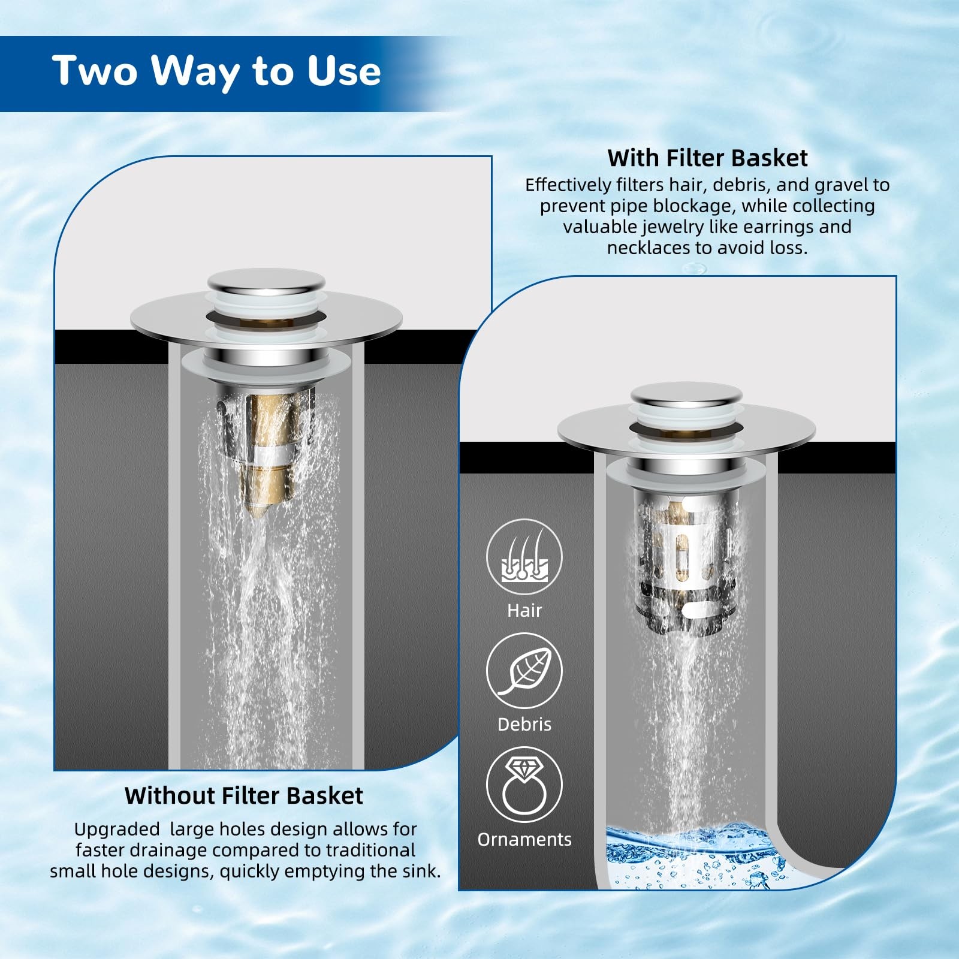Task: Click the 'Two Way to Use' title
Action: point(216,71)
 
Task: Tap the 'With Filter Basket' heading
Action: point(707,158)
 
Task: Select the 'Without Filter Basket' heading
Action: point(244,795)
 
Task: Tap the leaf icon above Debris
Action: point(524,671)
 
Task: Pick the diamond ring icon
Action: point(524,785)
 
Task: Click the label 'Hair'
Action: point(524,610)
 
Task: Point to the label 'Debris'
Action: point(524,724)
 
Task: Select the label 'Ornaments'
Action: point(524,839)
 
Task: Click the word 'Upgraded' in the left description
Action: point(117,830)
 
